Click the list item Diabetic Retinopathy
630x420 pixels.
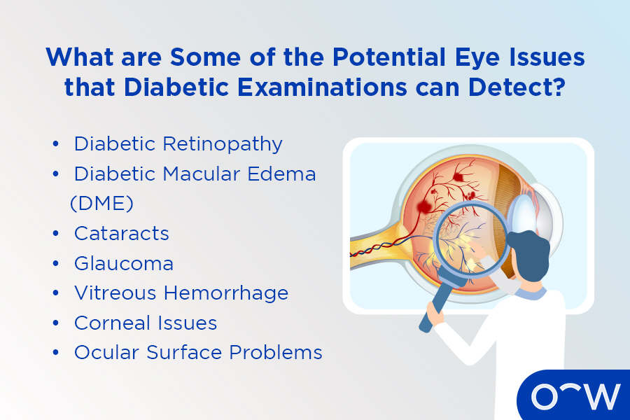(x=178, y=143)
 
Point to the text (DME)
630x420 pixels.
(x=101, y=203)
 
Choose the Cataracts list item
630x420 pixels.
(x=122, y=233)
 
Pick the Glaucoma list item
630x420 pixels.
(x=124, y=263)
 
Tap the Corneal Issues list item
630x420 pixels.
(x=146, y=323)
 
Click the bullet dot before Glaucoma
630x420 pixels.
(x=55, y=264)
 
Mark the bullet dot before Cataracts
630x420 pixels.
(x=55, y=234)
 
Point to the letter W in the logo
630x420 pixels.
(x=600, y=396)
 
